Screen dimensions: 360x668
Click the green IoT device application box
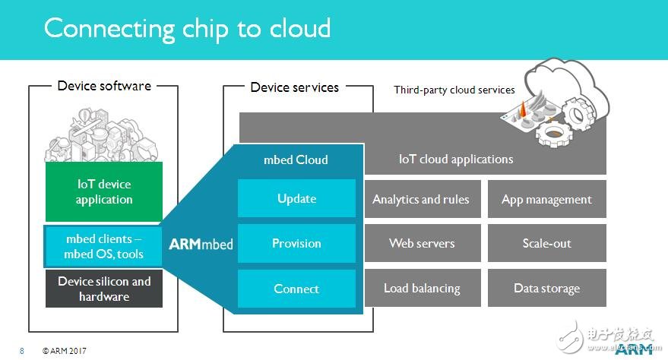tap(104, 192)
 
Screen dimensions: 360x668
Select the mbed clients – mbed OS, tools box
tap(104, 246)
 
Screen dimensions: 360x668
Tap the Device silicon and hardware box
tap(104, 289)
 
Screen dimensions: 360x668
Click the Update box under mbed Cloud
tap(296, 198)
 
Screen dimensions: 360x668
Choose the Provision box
tap(296, 243)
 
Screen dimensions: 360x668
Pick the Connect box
tap(296, 289)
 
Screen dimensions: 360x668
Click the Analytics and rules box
tap(421, 200)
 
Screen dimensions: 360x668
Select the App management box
tap(546, 200)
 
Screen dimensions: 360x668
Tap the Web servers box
tap(421, 244)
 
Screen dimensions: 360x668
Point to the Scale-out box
tap(546, 244)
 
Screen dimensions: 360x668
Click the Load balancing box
tap(421, 289)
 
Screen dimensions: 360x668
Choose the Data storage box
tap(546, 289)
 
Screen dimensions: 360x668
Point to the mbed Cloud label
tap(296, 159)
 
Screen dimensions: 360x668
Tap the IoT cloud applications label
tap(456, 159)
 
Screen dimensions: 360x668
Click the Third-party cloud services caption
tap(454, 90)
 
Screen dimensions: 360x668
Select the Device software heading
tap(104, 86)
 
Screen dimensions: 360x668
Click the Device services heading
tap(295, 87)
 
